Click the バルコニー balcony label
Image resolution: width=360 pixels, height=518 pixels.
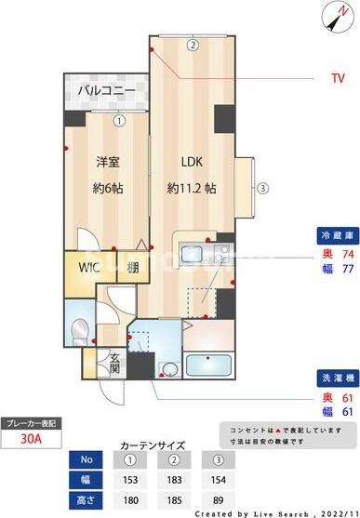(106, 90)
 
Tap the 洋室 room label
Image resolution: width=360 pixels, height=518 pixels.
(108, 161)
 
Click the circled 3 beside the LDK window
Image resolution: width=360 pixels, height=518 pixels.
(263, 188)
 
